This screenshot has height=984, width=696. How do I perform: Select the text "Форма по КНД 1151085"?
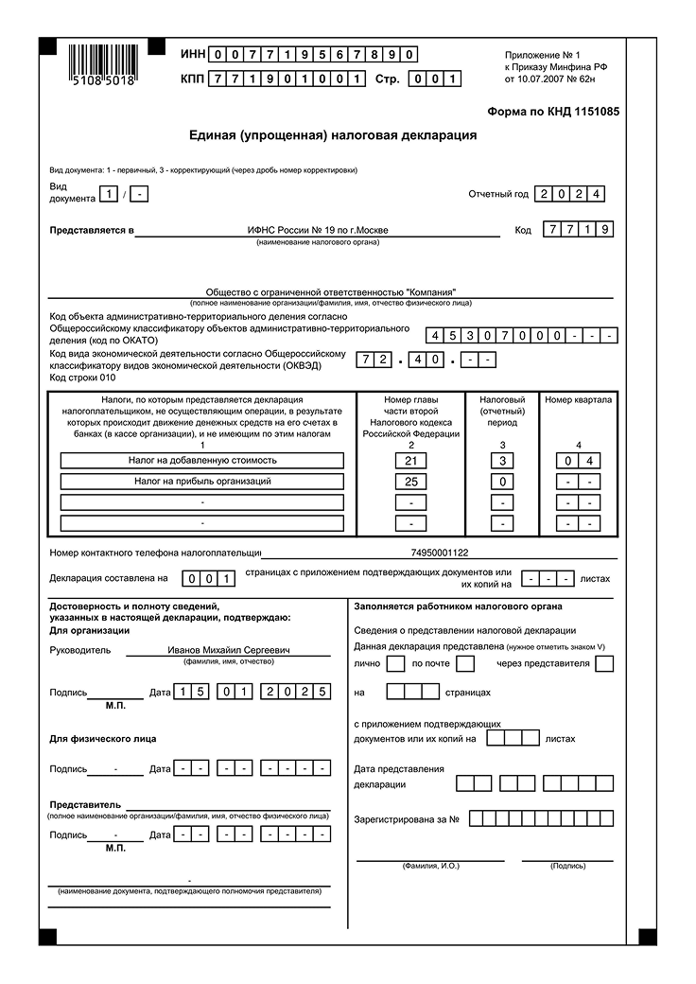click(x=553, y=112)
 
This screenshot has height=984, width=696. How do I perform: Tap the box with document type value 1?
click(x=111, y=195)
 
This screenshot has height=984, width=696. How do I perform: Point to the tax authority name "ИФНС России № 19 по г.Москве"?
click(x=317, y=230)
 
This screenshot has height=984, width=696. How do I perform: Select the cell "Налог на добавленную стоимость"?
click(x=202, y=461)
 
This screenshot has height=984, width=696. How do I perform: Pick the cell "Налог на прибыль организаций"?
click(x=202, y=482)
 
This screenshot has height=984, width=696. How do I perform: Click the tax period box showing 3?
click(x=503, y=461)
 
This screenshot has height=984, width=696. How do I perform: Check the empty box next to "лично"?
click(x=396, y=663)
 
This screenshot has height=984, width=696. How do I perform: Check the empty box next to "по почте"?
click(x=464, y=663)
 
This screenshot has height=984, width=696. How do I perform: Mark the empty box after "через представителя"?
click(x=604, y=663)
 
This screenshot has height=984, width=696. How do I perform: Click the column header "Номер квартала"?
click(x=578, y=399)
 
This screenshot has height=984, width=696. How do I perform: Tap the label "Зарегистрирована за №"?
click(x=407, y=818)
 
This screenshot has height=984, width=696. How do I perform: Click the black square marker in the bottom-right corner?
click(x=647, y=937)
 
